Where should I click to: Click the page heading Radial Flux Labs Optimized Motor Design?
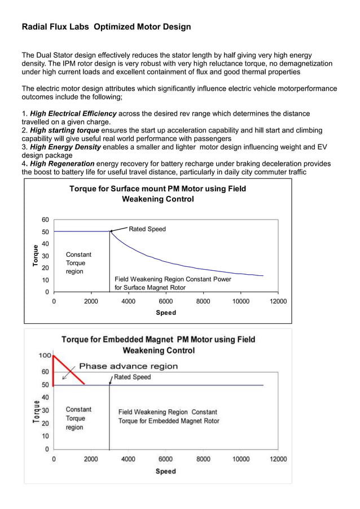106,27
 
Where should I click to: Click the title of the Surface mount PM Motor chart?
157,194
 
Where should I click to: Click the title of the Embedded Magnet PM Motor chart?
158,345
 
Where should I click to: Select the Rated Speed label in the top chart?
147,229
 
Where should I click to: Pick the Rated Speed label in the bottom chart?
133,377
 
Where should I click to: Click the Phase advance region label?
128,366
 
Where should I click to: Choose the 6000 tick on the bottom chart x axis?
165,459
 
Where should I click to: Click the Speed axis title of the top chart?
166,313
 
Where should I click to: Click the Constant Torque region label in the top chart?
78,263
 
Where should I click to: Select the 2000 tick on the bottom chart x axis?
91,459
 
